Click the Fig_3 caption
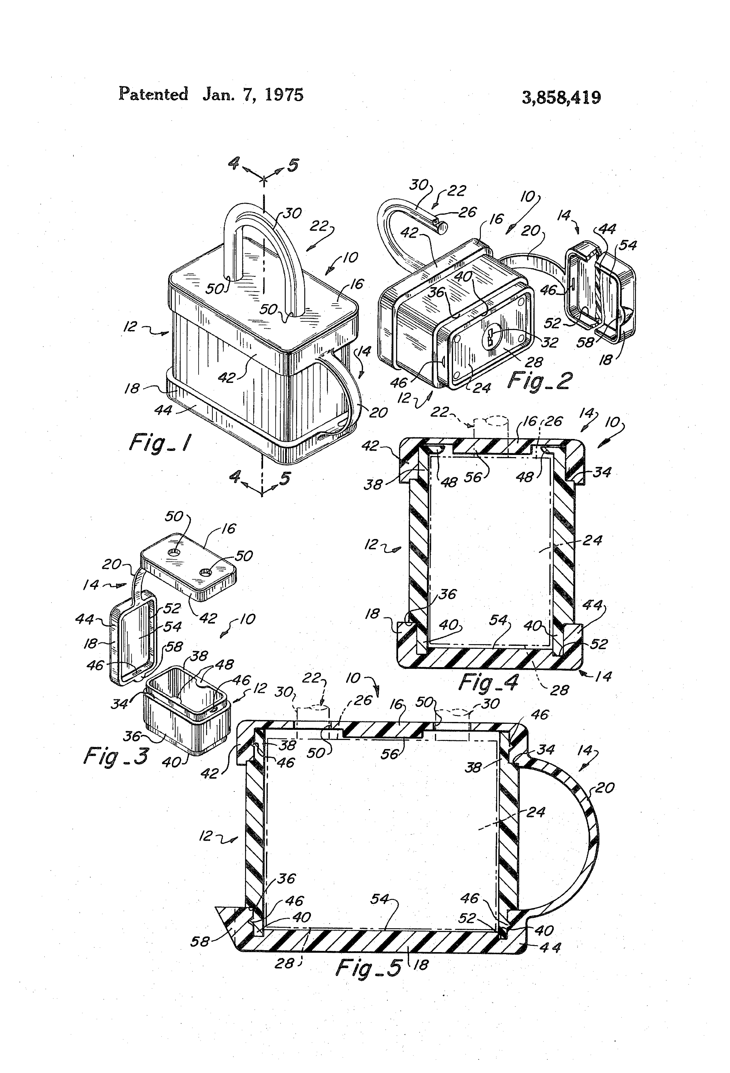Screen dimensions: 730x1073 coord(116,756)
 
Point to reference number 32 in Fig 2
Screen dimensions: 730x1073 coord(550,342)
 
